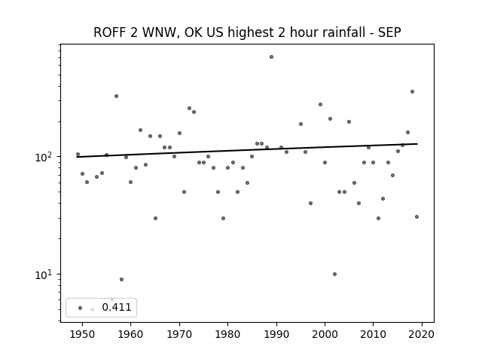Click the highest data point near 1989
[271, 57]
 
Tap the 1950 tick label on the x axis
[82, 334]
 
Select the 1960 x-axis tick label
[130, 334]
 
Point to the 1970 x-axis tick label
[179, 334]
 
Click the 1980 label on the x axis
[227, 334]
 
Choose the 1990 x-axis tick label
[276, 334]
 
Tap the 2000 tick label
[325, 334]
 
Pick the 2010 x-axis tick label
[374, 334]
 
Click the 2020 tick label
[422, 334]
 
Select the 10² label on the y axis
[44, 157]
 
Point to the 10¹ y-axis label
[44, 275]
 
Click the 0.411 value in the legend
[117, 307]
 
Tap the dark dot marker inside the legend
[81, 308]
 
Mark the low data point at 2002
[334, 274]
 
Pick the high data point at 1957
[116, 96]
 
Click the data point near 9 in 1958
[121, 279]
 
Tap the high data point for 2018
[412, 91]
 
